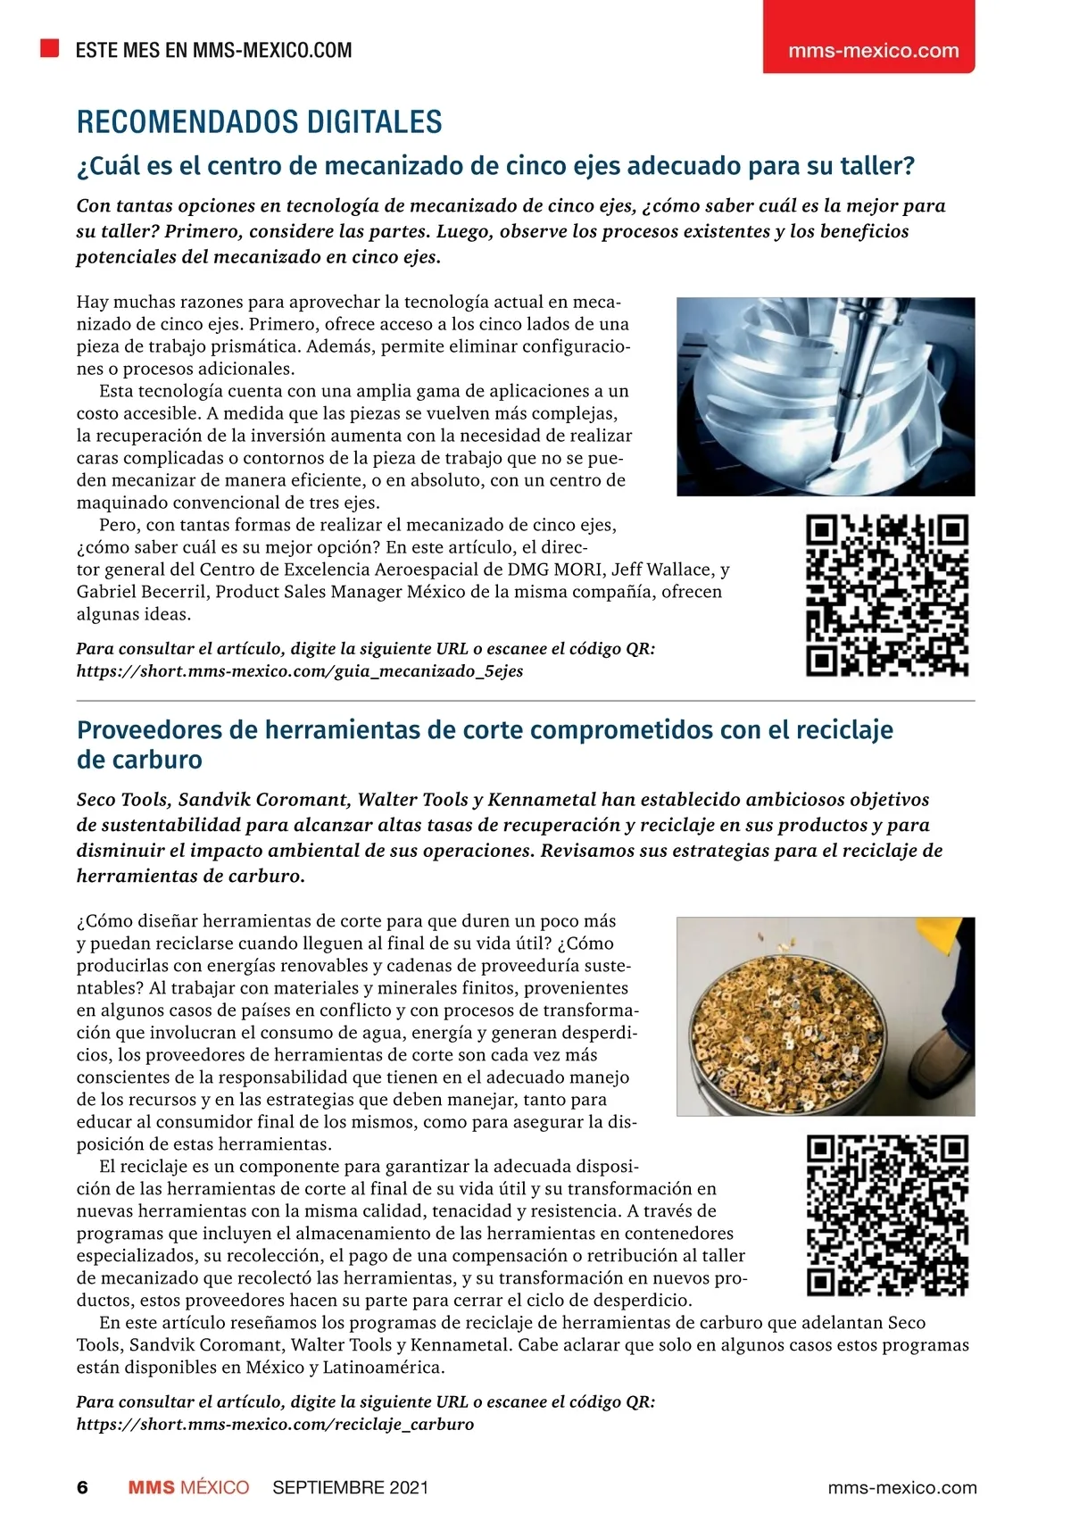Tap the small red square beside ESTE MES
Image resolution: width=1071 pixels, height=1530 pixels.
click(x=49, y=48)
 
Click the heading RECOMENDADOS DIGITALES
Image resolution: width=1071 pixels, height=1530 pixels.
click(x=259, y=122)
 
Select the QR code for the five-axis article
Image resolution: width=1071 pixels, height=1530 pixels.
click(x=887, y=595)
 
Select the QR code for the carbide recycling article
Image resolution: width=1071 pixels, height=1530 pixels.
click(x=887, y=1214)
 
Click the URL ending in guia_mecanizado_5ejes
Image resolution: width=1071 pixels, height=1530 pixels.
click(x=300, y=671)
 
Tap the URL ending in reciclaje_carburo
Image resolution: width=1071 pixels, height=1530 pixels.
click(x=275, y=1424)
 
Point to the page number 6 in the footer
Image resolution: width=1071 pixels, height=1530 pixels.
click(x=82, y=1487)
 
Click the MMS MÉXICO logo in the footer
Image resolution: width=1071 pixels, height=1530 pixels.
click(x=188, y=1487)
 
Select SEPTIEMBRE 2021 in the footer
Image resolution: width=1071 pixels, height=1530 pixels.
click(x=350, y=1487)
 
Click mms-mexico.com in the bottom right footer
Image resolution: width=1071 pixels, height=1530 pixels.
click(x=902, y=1487)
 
